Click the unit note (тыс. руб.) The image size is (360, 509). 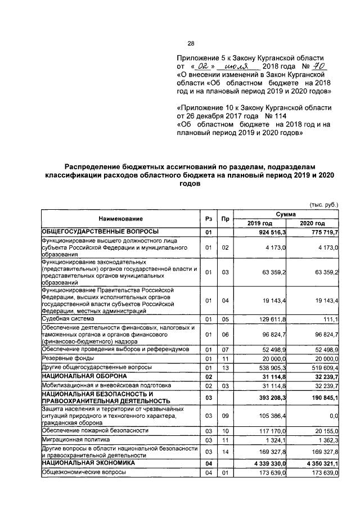pyautogui.click(x=323, y=205)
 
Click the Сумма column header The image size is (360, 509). pyautogui.click(x=291, y=214)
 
